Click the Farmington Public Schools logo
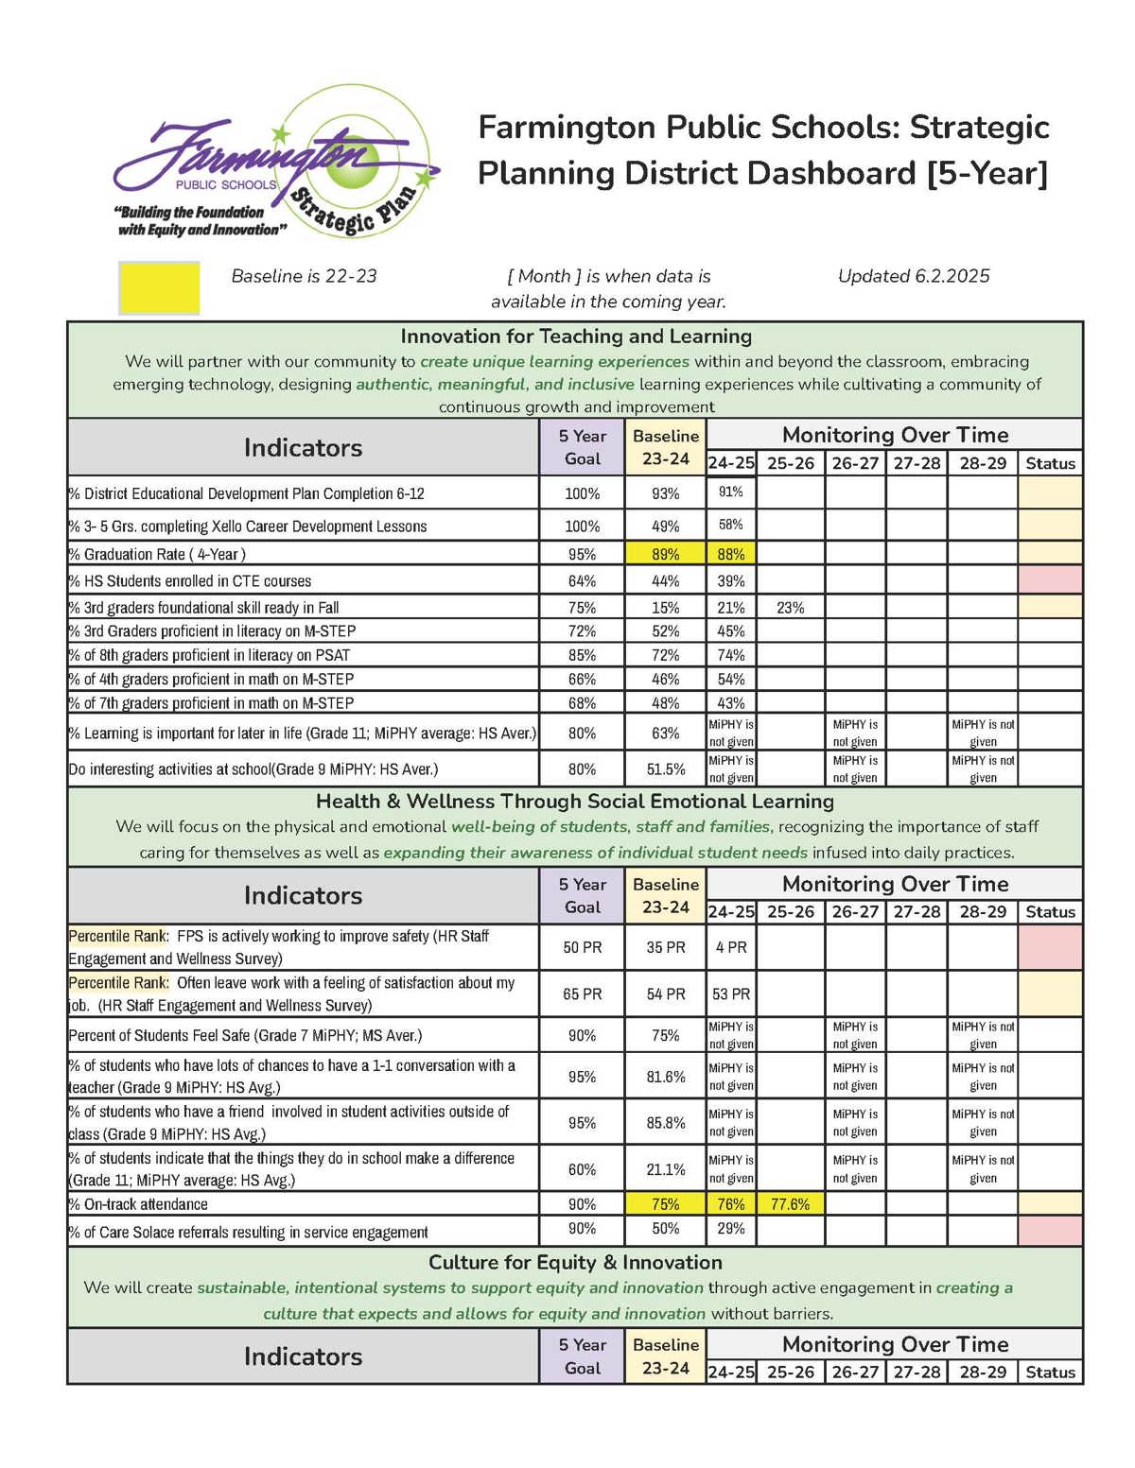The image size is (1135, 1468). (x=274, y=164)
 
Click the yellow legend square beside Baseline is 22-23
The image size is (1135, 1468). (x=159, y=287)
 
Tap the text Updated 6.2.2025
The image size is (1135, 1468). (x=914, y=276)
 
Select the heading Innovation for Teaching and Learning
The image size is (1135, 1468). (x=575, y=337)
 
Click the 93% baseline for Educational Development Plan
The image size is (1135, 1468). (x=665, y=493)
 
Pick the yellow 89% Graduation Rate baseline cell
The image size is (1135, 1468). (x=665, y=554)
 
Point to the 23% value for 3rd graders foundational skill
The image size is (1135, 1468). (x=790, y=608)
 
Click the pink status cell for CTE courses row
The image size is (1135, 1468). (x=1050, y=579)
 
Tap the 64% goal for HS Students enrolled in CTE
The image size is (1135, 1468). (x=582, y=580)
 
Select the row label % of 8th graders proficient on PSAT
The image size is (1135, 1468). (x=209, y=655)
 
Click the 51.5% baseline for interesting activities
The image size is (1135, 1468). (x=665, y=769)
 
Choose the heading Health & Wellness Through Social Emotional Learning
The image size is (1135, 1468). (x=575, y=802)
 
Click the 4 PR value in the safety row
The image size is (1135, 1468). (x=730, y=947)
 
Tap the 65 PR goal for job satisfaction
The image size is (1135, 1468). (x=582, y=994)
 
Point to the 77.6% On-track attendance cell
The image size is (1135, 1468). (x=790, y=1204)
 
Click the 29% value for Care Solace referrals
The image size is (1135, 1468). (x=730, y=1229)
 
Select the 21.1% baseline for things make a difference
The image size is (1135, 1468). (x=665, y=1169)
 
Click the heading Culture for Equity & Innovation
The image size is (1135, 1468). (x=575, y=1263)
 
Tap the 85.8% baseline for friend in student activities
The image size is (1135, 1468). (x=665, y=1123)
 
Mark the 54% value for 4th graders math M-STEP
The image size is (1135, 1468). (x=730, y=679)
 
